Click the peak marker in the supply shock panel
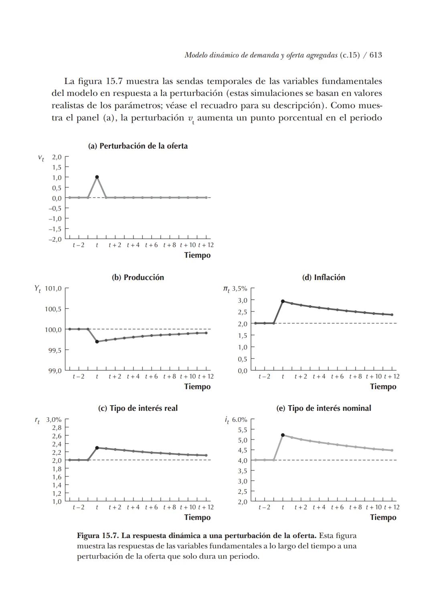(97, 177)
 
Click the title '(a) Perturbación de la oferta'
(138, 146)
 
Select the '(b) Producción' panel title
(138, 277)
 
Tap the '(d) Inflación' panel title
(323, 277)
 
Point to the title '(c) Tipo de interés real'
(138, 408)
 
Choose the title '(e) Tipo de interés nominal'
(324, 408)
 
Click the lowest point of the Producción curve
(97, 341)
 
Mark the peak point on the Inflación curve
(283, 301)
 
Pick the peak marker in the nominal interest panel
(283, 435)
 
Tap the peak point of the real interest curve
(97, 448)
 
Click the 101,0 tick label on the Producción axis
(53, 288)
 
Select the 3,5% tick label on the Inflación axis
(239, 288)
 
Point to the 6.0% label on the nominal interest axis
(239, 420)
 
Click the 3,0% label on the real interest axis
(54, 420)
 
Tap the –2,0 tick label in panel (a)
(55, 240)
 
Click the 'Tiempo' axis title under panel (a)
(197, 255)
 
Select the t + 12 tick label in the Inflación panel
(391, 376)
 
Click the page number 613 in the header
(376, 55)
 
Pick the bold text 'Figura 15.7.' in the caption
(98, 536)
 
